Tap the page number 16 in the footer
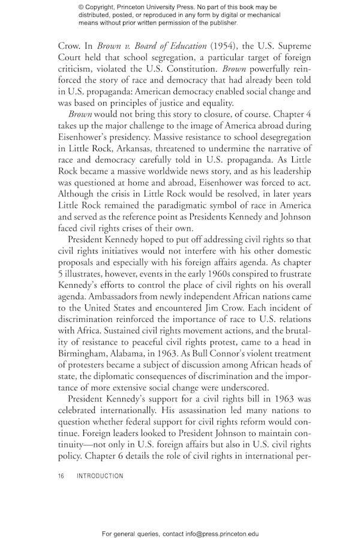click(x=61, y=476)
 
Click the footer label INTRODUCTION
click(x=100, y=476)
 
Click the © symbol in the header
click(x=82, y=7)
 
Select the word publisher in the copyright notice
click(x=222, y=23)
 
